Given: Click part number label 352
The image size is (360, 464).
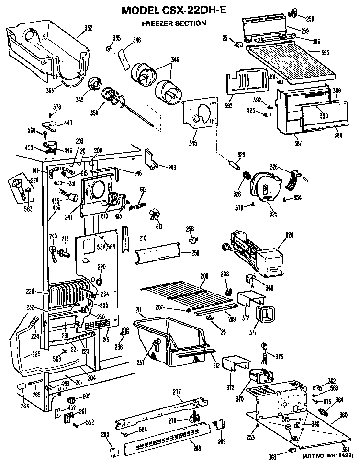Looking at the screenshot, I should point(88,28).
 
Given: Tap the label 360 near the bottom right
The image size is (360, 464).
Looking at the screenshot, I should point(343,415).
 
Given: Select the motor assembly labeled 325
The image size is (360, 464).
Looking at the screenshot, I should point(264,187).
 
